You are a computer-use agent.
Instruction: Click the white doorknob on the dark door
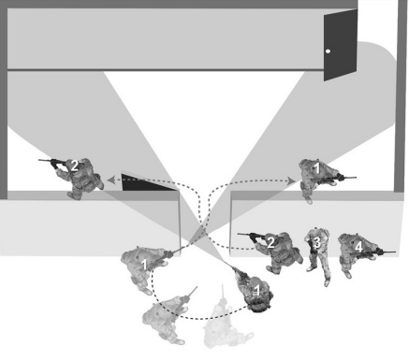point(328,51)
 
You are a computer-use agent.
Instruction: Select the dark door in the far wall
point(341,45)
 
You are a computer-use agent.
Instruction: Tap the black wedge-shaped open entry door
point(147,183)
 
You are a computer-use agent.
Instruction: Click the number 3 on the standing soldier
point(317,242)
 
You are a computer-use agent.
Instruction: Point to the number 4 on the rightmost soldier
point(358,247)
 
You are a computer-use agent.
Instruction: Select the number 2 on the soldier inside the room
point(74,166)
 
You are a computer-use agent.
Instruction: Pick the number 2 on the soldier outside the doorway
point(270,242)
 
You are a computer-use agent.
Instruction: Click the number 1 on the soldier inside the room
point(316,169)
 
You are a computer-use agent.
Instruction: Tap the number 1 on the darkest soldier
point(257,290)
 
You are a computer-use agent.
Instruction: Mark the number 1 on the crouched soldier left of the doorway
point(144,265)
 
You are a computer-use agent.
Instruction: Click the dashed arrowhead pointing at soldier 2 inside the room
point(111,180)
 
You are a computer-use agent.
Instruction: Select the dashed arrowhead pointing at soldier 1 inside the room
point(291,180)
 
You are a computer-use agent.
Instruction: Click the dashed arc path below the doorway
point(199,319)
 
